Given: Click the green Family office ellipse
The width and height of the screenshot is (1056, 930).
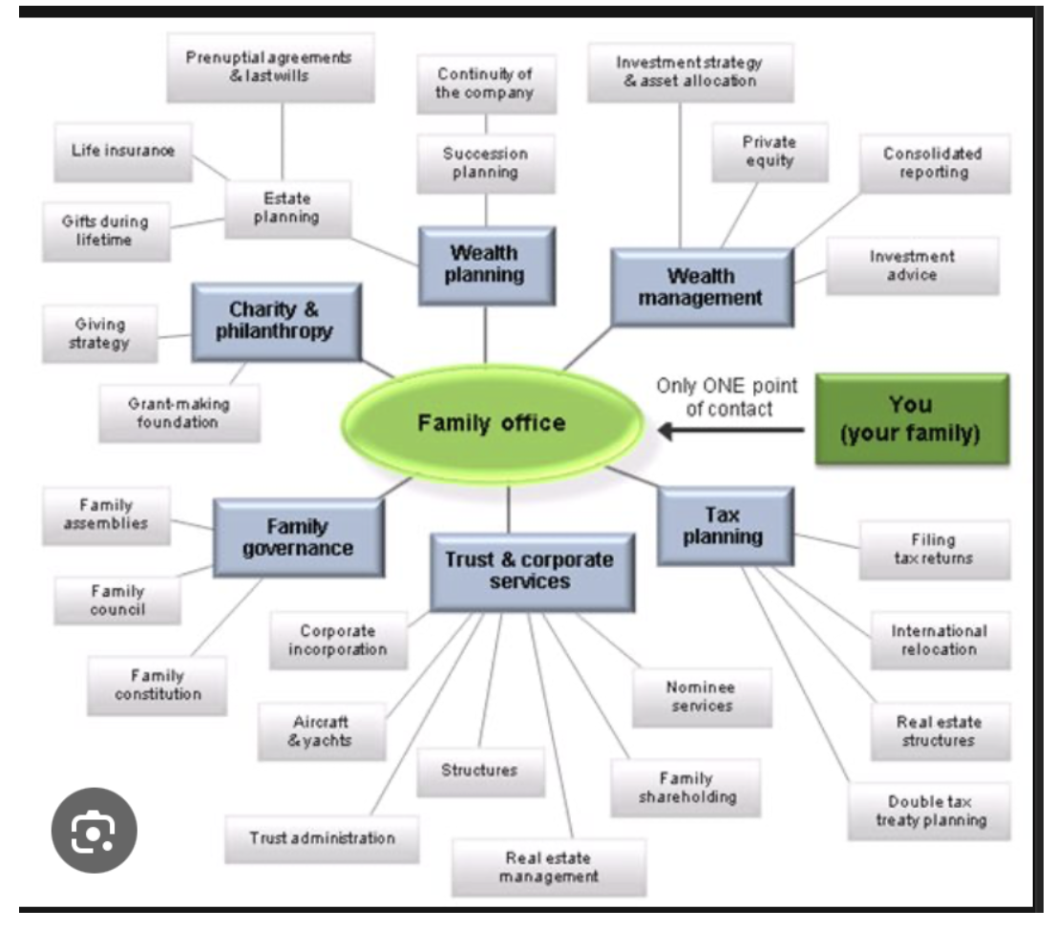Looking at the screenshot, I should [x=492, y=422].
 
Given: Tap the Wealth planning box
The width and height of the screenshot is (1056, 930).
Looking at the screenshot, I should [x=486, y=264].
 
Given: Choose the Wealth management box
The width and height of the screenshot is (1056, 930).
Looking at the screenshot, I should [x=701, y=286].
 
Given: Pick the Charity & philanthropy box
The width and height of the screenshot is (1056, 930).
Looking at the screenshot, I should [x=275, y=321].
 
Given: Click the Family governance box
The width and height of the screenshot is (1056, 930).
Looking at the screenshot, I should [x=298, y=537].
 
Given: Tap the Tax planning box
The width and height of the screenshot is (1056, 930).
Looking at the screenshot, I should [x=725, y=525].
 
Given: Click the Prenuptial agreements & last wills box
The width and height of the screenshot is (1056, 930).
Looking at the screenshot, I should [x=270, y=67].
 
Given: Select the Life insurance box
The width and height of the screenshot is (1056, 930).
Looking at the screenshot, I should [x=123, y=150].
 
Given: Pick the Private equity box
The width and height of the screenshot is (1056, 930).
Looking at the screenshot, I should [x=769, y=151].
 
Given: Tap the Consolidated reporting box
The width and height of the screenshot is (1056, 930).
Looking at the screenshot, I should [x=933, y=163].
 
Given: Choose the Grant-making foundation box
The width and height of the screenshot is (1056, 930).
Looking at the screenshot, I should [x=179, y=412].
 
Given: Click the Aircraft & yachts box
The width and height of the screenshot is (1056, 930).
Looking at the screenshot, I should [x=320, y=731].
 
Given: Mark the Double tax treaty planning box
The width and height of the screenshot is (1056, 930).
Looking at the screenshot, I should [x=930, y=812].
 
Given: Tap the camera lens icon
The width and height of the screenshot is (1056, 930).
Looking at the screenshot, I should [x=93, y=830].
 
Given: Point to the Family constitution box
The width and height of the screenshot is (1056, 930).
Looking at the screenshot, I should [x=158, y=685].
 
